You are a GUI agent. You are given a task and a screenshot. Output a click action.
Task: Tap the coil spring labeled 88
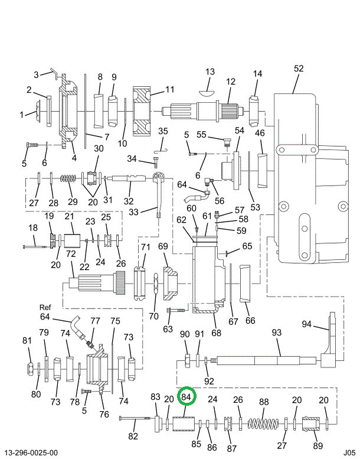262,424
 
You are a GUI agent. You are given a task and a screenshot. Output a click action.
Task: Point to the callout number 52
299,69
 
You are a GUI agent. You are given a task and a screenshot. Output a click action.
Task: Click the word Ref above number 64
45,307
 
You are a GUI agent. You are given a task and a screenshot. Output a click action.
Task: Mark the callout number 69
163,246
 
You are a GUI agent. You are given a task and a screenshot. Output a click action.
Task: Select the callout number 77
95,321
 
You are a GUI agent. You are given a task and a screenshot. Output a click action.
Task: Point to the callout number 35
163,131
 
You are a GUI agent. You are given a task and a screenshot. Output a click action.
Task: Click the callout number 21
69,217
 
